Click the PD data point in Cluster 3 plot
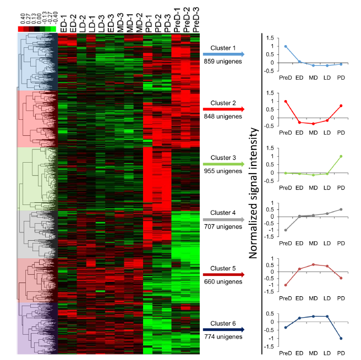[341, 156]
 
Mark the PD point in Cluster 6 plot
[341, 338]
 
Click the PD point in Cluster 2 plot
[341, 106]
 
